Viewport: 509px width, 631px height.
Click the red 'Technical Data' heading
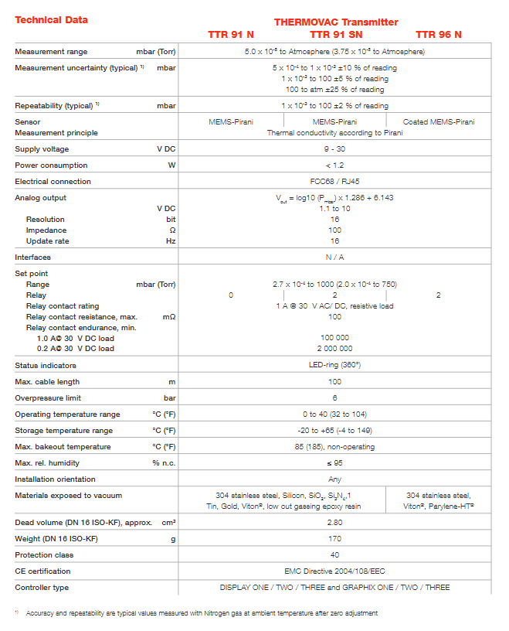pyautogui.click(x=51, y=20)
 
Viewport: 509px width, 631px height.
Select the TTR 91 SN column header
pyautogui.click(x=335, y=34)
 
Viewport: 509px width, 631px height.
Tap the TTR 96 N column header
pyautogui.click(x=439, y=34)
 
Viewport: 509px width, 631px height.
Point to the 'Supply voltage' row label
pyautogui.click(x=42, y=149)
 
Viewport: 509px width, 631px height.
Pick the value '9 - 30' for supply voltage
pyautogui.click(x=334, y=149)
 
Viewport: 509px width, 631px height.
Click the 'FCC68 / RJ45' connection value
pyautogui.click(x=334, y=182)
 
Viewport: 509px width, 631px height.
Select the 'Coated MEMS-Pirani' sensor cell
pyautogui.click(x=439, y=122)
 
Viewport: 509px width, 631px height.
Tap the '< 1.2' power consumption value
pyautogui.click(x=334, y=165)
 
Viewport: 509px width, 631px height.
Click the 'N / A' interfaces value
pyautogui.click(x=334, y=258)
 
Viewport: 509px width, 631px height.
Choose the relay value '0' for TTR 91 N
pyautogui.click(x=231, y=295)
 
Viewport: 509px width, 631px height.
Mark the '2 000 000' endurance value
pyautogui.click(x=334, y=349)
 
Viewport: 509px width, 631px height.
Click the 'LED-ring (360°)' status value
pyautogui.click(x=334, y=365)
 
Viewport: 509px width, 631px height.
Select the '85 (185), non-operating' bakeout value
pyautogui.click(x=334, y=447)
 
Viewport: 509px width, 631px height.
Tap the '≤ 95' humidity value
pyautogui.click(x=334, y=463)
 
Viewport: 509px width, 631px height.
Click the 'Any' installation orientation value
pyautogui.click(x=334, y=479)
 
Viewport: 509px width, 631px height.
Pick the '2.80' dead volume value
pyautogui.click(x=334, y=523)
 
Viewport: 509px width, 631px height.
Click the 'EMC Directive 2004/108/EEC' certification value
pyautogui.click(x=334, y=571)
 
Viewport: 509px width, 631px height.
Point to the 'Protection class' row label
pyautogui.click(x=45, y=554)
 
